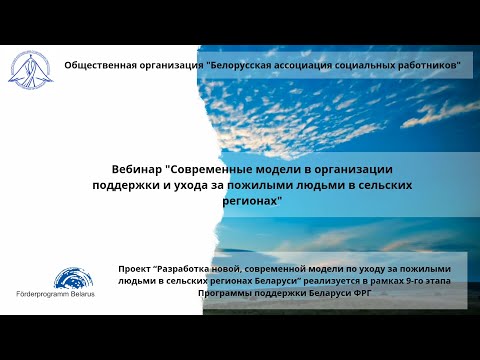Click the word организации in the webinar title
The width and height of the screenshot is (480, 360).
(x=355, y=170)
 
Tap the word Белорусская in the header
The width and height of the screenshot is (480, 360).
(x=235, y=64)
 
